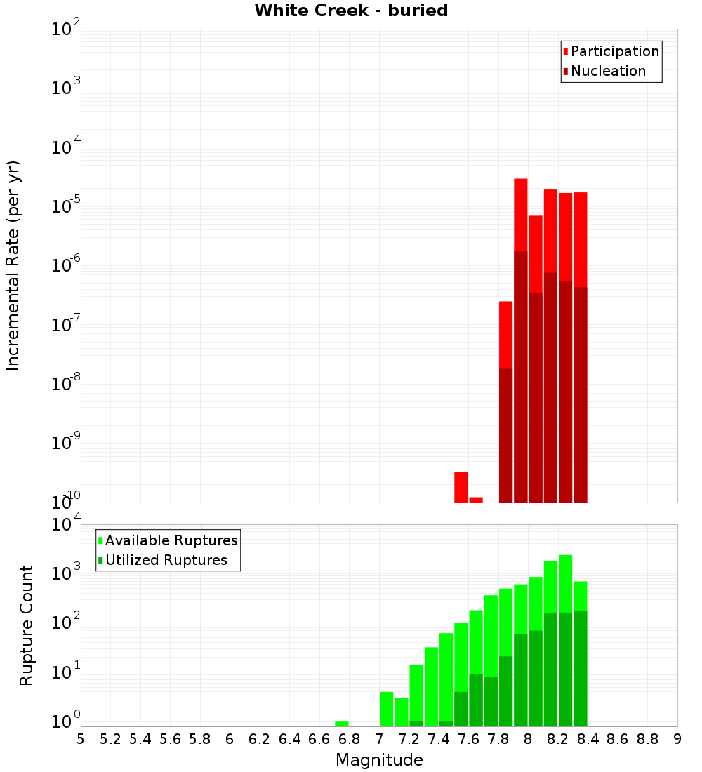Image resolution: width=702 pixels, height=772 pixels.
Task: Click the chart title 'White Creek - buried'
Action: point(351,11)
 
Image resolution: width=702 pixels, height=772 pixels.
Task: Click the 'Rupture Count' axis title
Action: point(27,625)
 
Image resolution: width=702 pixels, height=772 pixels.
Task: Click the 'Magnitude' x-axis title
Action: point(379,760)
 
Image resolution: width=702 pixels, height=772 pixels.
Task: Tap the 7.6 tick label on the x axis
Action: point(468,739)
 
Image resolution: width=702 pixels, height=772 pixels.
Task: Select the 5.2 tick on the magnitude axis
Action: point(110,739)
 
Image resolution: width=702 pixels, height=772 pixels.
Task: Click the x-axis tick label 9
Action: point(677,739)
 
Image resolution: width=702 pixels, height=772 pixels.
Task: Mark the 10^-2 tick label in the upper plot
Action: point(65,29)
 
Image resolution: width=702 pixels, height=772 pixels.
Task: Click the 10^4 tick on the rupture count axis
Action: point(65,526)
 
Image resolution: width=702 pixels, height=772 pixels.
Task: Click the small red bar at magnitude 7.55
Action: point(461,486)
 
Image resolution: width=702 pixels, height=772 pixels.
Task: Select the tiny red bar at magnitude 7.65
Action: point(476,499)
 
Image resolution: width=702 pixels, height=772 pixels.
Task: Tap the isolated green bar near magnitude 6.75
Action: point(342,724)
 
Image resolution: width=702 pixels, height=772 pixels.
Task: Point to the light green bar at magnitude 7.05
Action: point(386,707)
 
